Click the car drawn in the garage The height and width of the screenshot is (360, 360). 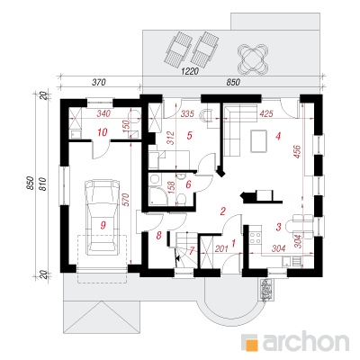point(103,217)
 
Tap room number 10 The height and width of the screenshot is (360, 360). point(103,132)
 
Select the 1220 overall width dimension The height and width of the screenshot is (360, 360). point(191,71)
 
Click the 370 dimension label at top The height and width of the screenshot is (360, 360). point(99,82)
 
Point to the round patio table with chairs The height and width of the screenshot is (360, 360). point(253,58)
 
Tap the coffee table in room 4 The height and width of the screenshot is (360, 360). point(258,141)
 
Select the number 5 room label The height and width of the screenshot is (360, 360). point(189,136)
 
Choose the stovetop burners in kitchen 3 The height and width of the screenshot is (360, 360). point(256,237)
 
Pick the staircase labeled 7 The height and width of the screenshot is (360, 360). point(185,249)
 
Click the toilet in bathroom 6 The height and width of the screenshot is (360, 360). point(181,199)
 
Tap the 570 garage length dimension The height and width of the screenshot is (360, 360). point(126,201)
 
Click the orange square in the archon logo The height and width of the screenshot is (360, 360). point(251,342)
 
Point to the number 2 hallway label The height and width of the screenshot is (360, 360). point(222,211)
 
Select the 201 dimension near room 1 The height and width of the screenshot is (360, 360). point(222,248)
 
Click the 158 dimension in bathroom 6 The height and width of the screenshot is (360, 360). point(172,187)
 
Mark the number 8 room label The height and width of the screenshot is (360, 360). point(158,236)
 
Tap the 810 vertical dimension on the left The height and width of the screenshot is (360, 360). point(42,184)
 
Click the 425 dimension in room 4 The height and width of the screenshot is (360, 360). point(266,113)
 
